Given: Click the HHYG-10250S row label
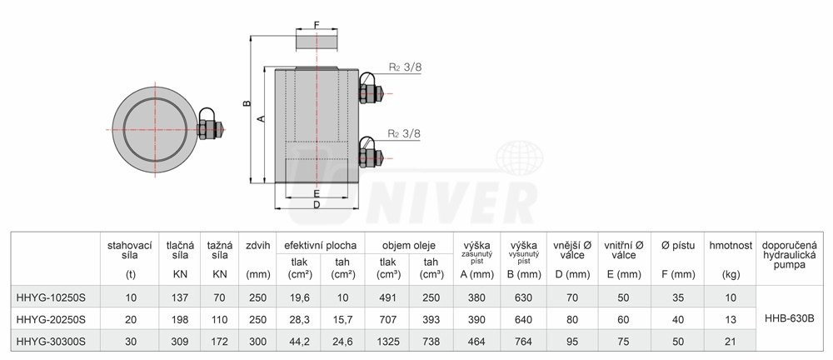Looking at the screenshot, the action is (x=51, y=297).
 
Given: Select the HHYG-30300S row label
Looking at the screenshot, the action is (x=51, y=342).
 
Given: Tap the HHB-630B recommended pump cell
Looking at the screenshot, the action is (x=789, y=320).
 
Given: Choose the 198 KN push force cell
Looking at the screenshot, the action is (x=180, y=320).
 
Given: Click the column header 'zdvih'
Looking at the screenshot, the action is (x=257, y=246).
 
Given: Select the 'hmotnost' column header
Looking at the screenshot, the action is (x=731, y=246).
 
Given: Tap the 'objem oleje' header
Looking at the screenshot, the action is (x=408, y=246).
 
